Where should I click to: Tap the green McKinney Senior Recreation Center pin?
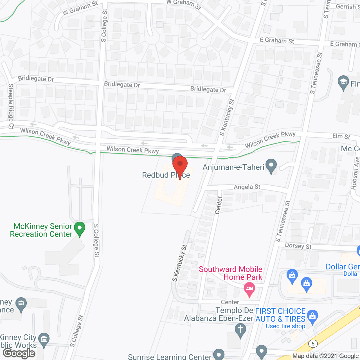coord(80,228)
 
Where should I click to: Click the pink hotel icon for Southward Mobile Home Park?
coord(249,289)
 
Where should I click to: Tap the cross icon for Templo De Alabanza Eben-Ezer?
coord(240,330)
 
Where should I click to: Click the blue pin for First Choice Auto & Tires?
coord(312,316)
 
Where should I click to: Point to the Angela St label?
coord(247,187)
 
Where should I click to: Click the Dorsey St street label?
coord(298,246)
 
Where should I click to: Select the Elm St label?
coord(341,136)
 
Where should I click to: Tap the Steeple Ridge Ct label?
coord(11,106)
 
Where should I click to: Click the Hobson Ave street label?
coord(355,173)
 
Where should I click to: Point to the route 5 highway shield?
coord(313,344)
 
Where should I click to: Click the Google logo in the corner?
coord(19,353)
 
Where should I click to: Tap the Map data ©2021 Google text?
coord(326,356)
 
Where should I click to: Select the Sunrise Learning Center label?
coord(169,357)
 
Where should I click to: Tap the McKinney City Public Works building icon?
coord(44,339)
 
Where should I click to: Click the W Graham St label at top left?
coord(80,8)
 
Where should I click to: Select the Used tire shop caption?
coord(285,326)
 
